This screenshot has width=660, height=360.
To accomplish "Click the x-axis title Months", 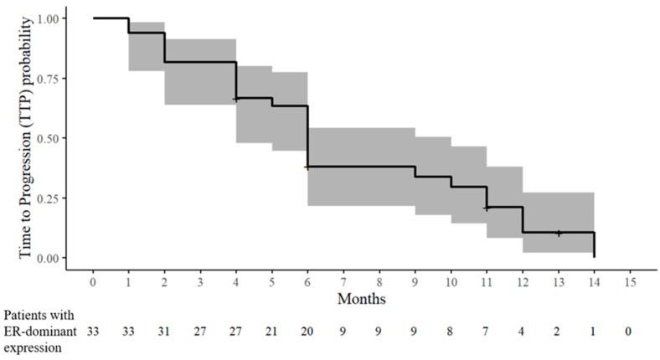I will coord(361,298).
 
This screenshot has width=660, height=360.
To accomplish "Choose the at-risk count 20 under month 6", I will coord(307,332).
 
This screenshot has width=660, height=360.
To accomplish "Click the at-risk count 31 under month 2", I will coord(165,332).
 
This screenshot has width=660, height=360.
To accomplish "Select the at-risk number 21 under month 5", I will coord(272,332).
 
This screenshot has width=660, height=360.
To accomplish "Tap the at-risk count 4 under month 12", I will coord(522,332).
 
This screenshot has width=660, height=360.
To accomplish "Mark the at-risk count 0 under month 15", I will coord(629,332).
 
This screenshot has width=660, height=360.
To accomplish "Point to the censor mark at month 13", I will coord(558,233).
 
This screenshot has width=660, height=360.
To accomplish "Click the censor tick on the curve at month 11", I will coord(487,207).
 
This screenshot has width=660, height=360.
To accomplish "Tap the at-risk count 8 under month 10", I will coord(451,332).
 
